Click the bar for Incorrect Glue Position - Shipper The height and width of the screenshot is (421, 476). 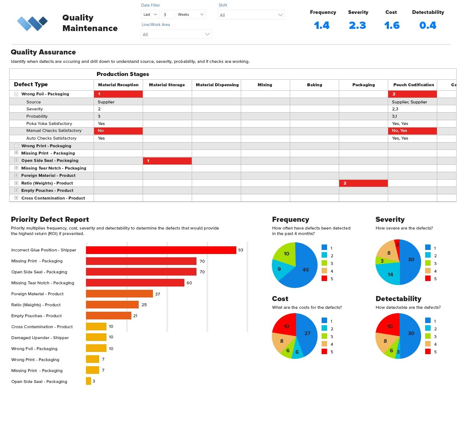pyautogui.click(x=161, y=250)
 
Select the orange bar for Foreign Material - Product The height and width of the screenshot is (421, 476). pyautogui.click(x=119, y=294)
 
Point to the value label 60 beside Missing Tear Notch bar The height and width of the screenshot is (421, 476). pyautogui.click(x=189, y=283)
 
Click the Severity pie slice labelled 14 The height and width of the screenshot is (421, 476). pyautogui.click(x=390, y=274)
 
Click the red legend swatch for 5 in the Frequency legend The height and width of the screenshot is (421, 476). pyautogui.click(x=324, y=278)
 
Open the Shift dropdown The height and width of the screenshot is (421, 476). pyautogui.click(x=251, y=15)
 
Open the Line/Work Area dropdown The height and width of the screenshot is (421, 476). pyautogui.click(x=176, y=34)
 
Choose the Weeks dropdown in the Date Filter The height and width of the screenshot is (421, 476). pyautogui.click(x=191, y=15)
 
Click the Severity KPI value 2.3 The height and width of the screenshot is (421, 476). pyautogui.click(x=357, y=26)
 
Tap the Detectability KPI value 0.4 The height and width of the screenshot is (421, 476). pyautogui.click(x=428, y=26)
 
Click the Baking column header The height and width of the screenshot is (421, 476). pyautogui.click(x=314, y=85)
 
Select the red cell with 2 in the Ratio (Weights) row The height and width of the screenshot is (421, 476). pyautogui.click(x=363, y=183)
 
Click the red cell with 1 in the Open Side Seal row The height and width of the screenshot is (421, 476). pyautogui.click(x=167, y=161)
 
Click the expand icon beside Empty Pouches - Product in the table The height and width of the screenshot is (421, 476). pyautogui.click(x=16, y=190)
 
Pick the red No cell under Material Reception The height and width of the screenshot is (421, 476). pyautogui.click(x=118, y=131)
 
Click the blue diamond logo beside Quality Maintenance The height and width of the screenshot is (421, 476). pyautogui.click(x=32, y=23)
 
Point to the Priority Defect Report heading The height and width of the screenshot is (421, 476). pyautogui.click(x=50, y=219)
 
